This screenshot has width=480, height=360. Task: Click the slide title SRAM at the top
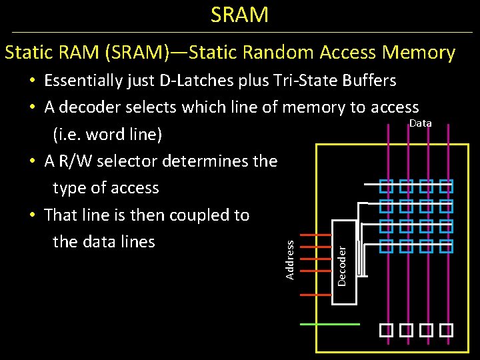pos(239,14)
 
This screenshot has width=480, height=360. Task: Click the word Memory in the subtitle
pos(419,52)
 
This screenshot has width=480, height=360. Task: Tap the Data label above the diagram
pos(420,123)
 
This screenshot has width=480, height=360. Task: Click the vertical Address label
pos(290,260)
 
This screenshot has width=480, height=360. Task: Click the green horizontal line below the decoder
pos(331,324)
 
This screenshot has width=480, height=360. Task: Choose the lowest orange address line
pos(317,294)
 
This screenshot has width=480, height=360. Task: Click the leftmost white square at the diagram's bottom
pos(386,329)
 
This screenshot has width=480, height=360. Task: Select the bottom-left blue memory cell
pos(386,246)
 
